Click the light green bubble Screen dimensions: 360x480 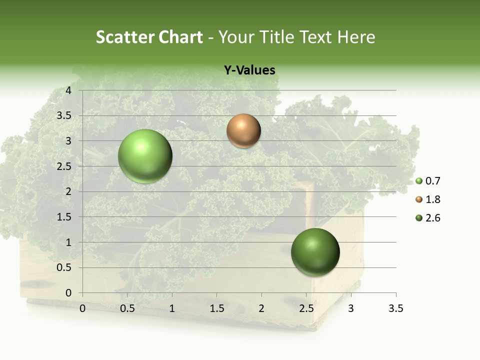[145, 156]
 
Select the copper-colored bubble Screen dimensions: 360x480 [243, 131]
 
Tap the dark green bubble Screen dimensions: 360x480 [315, 252]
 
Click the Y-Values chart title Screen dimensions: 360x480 [249, 70]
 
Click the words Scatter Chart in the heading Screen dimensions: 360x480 [149, 37]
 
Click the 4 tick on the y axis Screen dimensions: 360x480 [68, 90]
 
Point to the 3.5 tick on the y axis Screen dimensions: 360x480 [64, 116]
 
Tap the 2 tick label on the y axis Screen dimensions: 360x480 [68, 191]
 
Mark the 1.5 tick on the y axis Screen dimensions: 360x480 [64, 217]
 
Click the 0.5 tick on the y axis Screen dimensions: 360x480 [64, 267]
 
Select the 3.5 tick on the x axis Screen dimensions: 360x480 [395, 308]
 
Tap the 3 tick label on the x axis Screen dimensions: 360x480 [351, 308]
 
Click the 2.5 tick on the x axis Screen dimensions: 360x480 [306, 308]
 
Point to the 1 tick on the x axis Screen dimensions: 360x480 [172, 308]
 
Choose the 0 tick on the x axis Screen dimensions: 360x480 [82, 308]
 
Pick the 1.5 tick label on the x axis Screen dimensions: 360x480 [216, 308]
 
